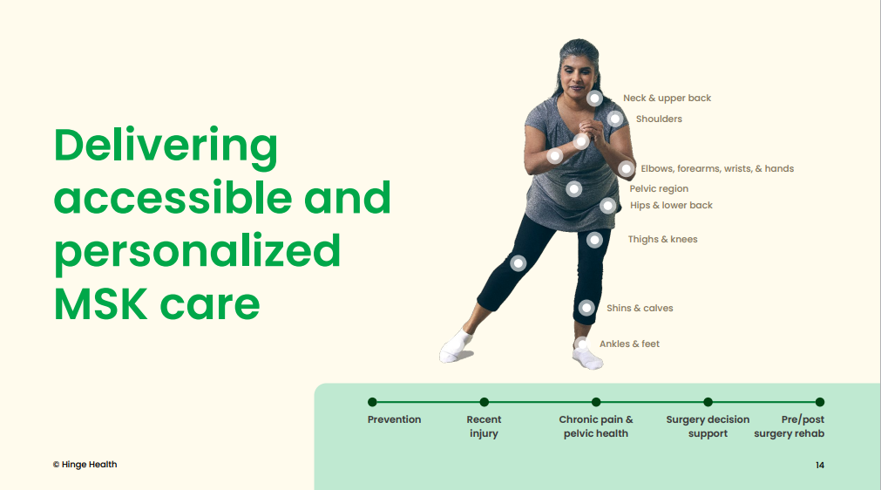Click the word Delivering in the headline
166,146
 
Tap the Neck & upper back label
667,99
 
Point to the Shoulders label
659,119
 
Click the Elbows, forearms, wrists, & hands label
717,168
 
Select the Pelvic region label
659,189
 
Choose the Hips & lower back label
671,206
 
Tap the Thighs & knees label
662,240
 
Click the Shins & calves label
640,308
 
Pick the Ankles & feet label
629,344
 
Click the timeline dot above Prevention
372,402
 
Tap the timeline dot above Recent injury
485,402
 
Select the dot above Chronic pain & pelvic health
596,402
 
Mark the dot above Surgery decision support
708,402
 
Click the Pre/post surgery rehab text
790,426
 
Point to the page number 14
820,466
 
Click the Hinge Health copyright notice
85,465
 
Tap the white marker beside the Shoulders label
615,119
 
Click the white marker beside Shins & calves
586,308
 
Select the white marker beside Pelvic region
573,189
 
